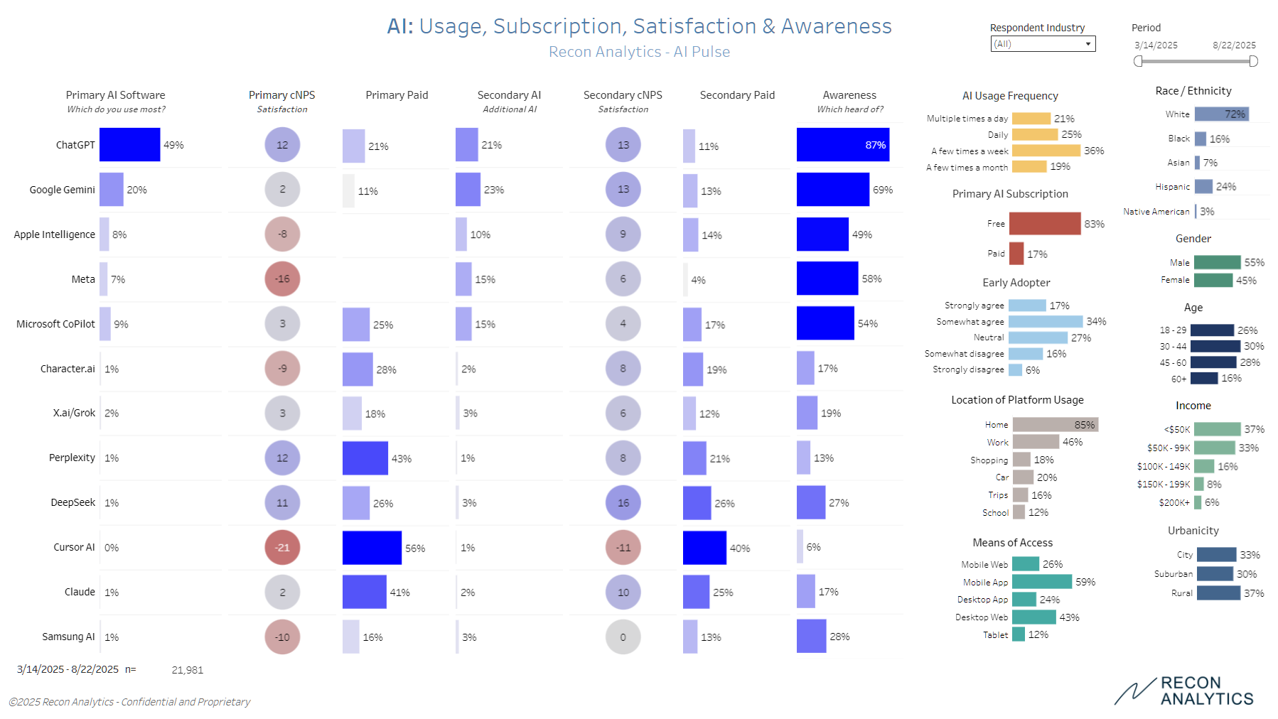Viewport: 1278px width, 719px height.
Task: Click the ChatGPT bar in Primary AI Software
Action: (x=129, y=145)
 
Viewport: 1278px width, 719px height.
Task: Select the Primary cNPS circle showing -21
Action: (x=282, y=547)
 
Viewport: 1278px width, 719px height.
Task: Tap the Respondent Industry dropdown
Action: (x=1043, y=44)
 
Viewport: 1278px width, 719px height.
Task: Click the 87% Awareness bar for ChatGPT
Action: (x=842, y=145)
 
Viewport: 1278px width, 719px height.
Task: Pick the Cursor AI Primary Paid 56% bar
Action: (x=372, y=548)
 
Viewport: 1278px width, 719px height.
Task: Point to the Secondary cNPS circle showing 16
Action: (x=623, y=502)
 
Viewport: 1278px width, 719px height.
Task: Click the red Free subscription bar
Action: (x=1044, y=224)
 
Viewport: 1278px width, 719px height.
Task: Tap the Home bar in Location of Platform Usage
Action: (x=1055, y=424)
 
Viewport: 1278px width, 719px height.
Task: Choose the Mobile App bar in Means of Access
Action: (x=1041, y=582)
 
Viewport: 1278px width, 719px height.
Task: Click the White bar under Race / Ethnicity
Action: (x=1221, y=114)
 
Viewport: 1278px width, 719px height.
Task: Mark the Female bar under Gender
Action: (x=1213, y=280)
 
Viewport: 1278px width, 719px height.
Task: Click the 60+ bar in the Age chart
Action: (x=1204, y=378)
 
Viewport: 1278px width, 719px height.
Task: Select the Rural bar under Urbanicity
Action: (x=1218, y=593)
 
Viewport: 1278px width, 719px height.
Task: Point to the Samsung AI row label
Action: (x=68, y=637)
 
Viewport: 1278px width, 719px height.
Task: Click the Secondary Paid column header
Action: (x=737, y=95)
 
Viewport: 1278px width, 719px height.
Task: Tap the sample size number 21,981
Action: (x=188, y=670)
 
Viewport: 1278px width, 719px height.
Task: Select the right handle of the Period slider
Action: (x=1253, y=61)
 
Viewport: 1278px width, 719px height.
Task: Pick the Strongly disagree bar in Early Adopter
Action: (x=1015, y=369)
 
